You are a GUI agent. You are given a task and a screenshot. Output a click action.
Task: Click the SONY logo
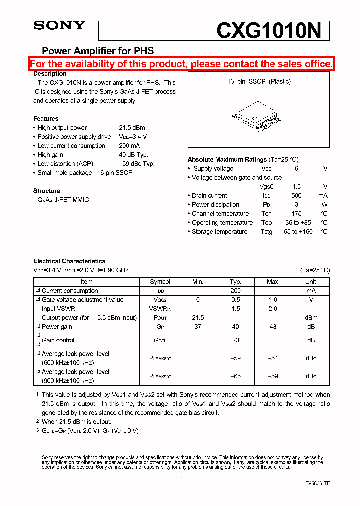[59, 26]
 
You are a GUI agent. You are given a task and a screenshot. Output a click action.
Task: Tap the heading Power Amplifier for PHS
[97, 51]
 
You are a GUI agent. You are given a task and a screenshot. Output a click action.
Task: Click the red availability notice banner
[181, 64]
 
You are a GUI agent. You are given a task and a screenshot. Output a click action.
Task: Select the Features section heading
[46, 119]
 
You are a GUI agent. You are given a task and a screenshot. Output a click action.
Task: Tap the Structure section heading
[47, 191]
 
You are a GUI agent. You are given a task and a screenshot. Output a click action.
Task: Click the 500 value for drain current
[296, 196]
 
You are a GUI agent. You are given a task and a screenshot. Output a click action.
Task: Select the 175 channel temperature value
[296, 214]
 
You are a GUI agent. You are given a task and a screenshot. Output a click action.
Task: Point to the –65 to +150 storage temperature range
[296, 232]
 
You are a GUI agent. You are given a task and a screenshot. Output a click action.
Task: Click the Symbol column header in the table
[160, 282]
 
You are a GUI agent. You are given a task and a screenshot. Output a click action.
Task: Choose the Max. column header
[273, 282]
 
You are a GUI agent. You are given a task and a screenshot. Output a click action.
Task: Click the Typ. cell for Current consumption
[235, 291]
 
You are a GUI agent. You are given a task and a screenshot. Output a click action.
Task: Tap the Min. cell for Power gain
[198, 327]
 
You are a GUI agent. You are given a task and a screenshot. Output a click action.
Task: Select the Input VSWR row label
[58, 309]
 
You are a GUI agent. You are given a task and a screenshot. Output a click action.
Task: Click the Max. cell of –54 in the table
[273, 358]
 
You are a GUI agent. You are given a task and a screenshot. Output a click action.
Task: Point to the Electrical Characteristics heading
[69, 261]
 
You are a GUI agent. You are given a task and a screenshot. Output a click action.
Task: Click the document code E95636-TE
[317, 484]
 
